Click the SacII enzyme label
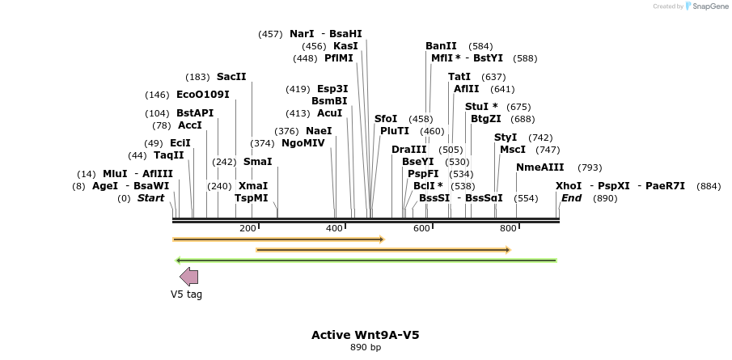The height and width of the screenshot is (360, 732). pos(231,77)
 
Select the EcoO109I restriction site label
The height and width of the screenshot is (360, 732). pos(203,95)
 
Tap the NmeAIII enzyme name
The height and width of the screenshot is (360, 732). pos(540,167)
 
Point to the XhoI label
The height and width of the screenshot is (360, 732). pos(569,186)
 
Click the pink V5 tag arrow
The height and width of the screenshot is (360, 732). pos(188,277)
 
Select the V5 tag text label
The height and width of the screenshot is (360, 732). pos(186,294)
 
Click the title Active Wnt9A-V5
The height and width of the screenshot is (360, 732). pos(366,335)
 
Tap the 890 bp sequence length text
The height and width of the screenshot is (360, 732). pos(366,348)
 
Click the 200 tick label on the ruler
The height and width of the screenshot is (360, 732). pos(248,229)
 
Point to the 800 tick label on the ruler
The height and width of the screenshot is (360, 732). pos(508,229)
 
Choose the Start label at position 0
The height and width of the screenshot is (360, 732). pos(150,198)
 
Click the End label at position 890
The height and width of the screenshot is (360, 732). pos(571,198)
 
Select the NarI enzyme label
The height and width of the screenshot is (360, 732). pos(302,34)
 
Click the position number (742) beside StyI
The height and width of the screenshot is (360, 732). pos(540,138)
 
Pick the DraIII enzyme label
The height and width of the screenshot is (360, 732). pos(408,150)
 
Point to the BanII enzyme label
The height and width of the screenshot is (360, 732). pos(441,46)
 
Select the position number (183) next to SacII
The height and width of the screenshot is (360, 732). pos(197,77)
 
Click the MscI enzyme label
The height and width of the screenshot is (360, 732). pos(513,150)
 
